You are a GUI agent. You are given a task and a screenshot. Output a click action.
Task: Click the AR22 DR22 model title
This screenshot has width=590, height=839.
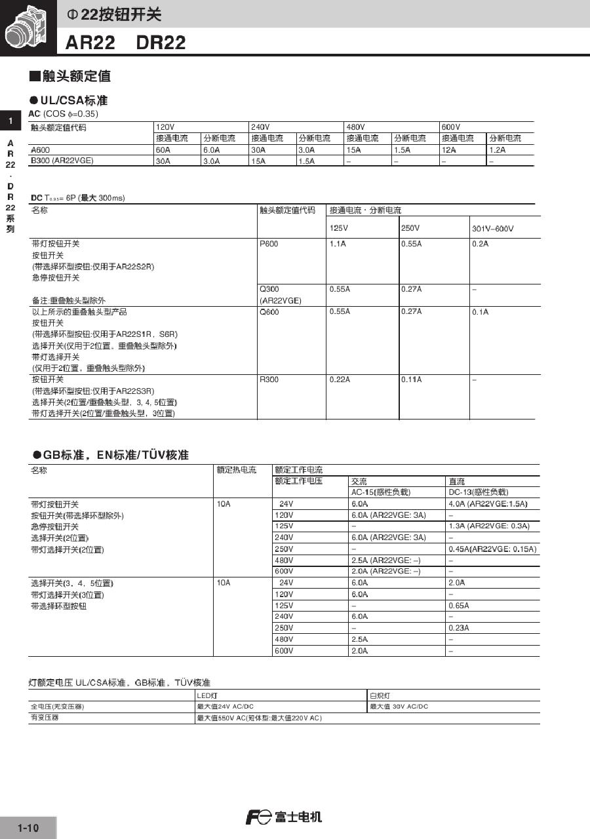tap(125, 43)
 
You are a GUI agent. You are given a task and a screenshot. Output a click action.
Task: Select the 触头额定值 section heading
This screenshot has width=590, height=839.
tap(70, 77)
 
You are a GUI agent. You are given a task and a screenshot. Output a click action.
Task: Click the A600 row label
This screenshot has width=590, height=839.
tap(41, 149)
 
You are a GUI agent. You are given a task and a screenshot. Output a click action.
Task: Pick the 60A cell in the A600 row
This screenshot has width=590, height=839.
tap(163, 149)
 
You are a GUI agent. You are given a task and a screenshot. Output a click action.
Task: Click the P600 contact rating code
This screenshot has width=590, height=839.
tap(269, 244)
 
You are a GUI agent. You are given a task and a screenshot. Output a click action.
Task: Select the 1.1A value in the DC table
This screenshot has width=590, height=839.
tap(338, 244)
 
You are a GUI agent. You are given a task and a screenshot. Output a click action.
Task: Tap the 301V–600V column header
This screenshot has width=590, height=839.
tap(493, 228)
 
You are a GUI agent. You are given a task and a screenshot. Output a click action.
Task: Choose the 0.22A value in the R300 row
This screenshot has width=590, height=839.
tap(340, 380)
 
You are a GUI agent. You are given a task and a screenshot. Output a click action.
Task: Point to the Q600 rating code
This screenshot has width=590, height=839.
tap(269, 312)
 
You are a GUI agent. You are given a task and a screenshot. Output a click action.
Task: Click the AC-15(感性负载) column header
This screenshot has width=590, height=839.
tap(381, 492)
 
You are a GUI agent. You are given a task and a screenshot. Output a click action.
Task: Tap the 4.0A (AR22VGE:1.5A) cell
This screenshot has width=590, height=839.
tap(488, 504)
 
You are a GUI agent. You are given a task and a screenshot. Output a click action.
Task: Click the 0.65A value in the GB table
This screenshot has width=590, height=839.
tap(459, 606)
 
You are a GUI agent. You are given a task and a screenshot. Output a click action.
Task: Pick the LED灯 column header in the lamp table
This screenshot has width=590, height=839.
tap(207, 695)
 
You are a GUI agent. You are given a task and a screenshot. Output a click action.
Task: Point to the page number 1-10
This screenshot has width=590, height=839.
tap(28, 828)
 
